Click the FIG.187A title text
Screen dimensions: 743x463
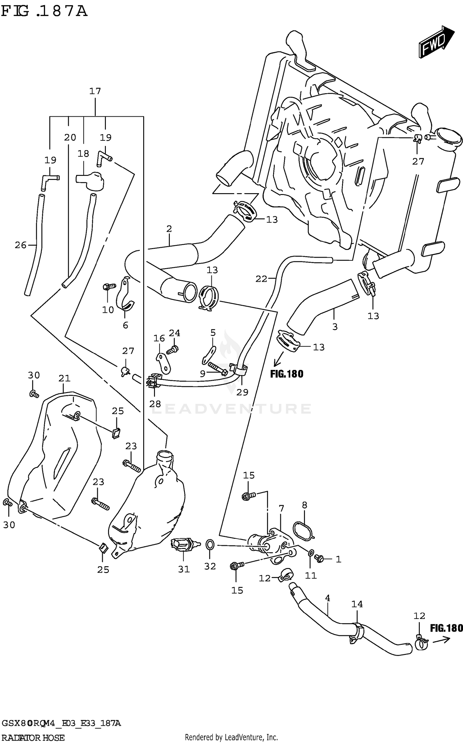click(44, 11)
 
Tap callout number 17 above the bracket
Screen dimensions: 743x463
click(95, 91)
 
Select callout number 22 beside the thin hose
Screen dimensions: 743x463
click(261, 279)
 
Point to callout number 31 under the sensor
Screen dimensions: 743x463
click(184, 569)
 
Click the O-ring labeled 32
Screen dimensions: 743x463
click(210, 545)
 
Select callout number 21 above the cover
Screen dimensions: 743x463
click(65, 378)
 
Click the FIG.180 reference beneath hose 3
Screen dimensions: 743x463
click(287, 374)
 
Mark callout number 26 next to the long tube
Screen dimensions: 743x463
click(21, 245)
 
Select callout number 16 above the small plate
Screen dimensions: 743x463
click(159, 338)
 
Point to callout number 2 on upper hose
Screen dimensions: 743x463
click(169, 229)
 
